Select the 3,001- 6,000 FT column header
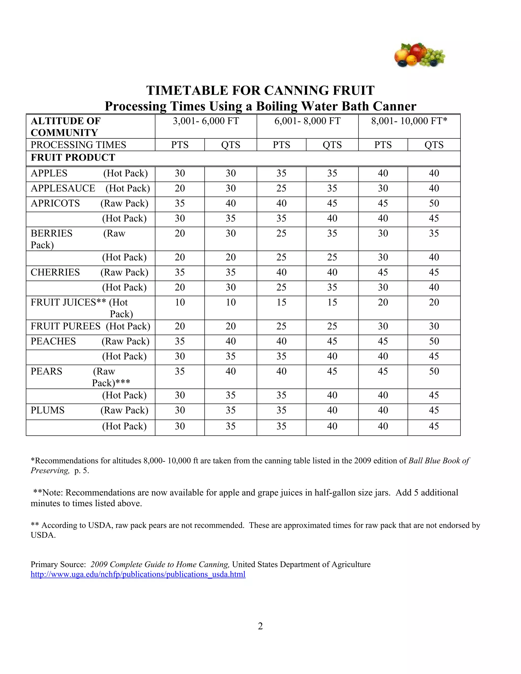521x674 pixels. [206, 121]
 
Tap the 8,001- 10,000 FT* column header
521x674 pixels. [409, 121]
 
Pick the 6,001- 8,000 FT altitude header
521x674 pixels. [307, 121]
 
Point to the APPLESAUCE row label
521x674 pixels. [63, 188]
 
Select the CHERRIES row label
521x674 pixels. [55, 272]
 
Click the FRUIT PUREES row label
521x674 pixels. [65, 326]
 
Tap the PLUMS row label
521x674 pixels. [48, 410]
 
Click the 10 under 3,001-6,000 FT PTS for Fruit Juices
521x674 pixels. [180, 302]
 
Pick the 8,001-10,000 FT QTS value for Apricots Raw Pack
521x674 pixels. [434, 203]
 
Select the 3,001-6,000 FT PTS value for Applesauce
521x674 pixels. [180, 188]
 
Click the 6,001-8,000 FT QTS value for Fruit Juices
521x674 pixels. [332, 302]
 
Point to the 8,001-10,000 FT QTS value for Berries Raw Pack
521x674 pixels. [434, 233]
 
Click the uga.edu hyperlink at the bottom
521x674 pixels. [138, 574]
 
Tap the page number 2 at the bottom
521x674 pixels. [260, 626]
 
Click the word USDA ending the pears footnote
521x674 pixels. [43, 535]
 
